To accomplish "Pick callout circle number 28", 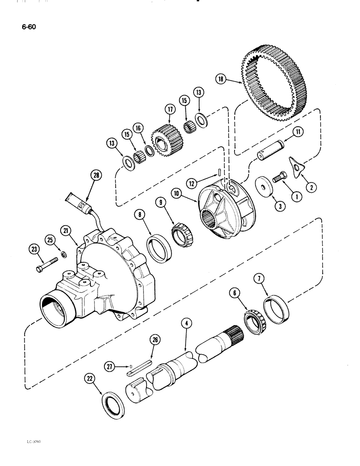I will (97, 176).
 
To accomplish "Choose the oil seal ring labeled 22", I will (114, 400).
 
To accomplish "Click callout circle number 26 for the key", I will (155, 340).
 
